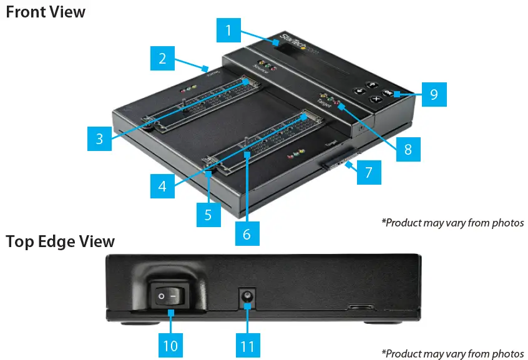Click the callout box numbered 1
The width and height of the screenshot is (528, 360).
[229, 29]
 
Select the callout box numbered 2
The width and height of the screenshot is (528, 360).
[162, 59]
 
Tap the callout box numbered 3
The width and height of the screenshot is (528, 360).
[99, 138]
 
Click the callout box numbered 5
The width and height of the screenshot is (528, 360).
[208, 215]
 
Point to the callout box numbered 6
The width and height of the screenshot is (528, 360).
[247, 233]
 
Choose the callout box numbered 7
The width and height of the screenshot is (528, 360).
[369, 172]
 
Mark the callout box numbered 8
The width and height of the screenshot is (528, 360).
[408, 149]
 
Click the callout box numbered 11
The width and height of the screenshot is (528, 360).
[248, 345]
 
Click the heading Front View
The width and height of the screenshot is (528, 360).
[46, 11]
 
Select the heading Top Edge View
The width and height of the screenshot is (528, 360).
[61, 241]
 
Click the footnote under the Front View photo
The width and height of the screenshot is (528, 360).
[452, 222]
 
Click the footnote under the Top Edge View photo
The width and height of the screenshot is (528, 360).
[452, 354]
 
